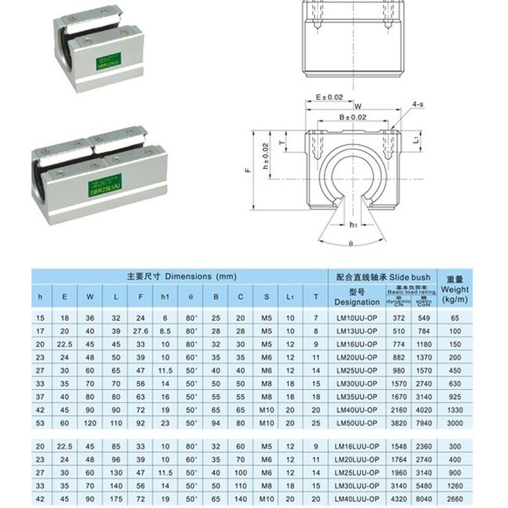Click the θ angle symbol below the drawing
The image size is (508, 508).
pos(351,244)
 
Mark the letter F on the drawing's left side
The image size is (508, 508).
pos(248,172)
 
